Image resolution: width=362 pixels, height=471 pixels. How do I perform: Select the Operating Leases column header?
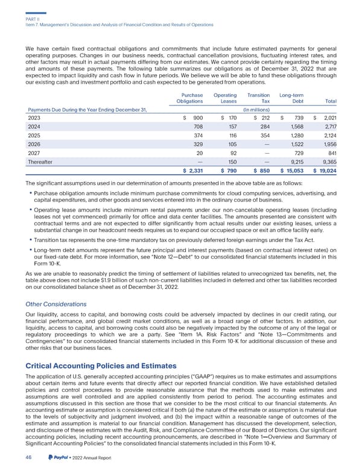(x=225, y=98)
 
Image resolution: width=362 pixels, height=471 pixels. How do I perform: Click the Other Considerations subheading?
(x=55, y=305)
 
